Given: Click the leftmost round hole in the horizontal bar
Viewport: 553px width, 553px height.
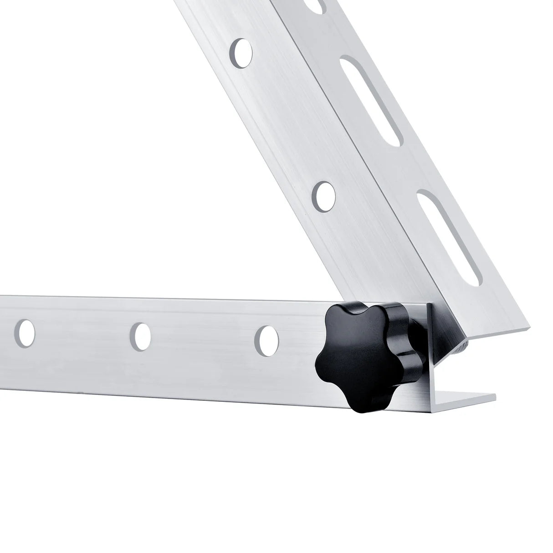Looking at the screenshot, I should (x=26, y=332).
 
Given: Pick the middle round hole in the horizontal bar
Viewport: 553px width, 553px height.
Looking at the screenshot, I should (x=142, y=336).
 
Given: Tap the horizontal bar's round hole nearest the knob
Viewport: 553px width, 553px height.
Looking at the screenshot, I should (x=267, y=340).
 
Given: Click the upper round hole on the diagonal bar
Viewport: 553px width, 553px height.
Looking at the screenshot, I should (x=242, y=51).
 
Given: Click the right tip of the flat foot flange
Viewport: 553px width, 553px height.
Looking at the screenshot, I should (x=492, y=396).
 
